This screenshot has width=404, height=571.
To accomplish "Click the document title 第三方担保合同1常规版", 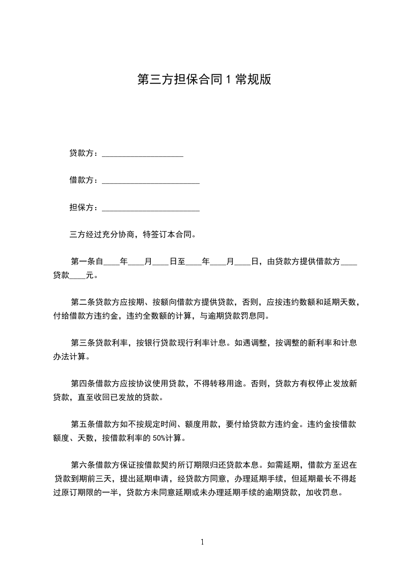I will (x=204, y=79).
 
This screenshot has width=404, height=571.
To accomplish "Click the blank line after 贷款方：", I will (x=143, y=154).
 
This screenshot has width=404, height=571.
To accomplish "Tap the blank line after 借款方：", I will (x=151, y=181).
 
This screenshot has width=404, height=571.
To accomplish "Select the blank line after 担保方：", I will (x=151, y=208).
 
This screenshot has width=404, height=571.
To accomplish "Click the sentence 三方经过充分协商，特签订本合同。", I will (x=132, y=235).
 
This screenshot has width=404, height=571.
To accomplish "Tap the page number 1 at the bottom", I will (x=202, y=542).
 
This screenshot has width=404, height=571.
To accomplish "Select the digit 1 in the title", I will (x=229, y=79).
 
